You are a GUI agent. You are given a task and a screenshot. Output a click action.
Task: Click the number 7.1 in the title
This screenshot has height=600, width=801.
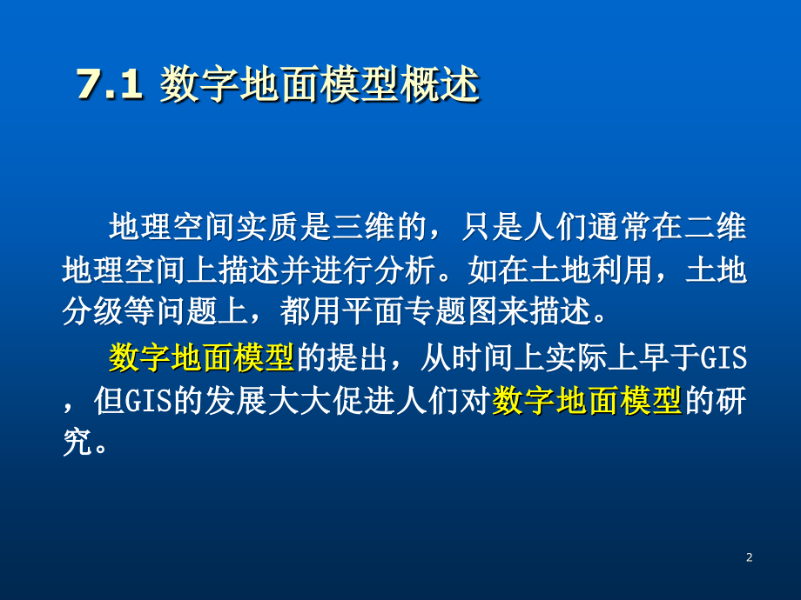click(x=109, y=87)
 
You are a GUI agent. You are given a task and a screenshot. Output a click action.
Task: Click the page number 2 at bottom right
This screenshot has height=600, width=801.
click(x=749, y=557)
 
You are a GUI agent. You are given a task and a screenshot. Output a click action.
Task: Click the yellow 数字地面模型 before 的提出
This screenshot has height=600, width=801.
click(x=202, y=357)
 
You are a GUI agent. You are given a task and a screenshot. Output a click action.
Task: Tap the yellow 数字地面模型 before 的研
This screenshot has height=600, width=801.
click(x=587, y=399)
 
